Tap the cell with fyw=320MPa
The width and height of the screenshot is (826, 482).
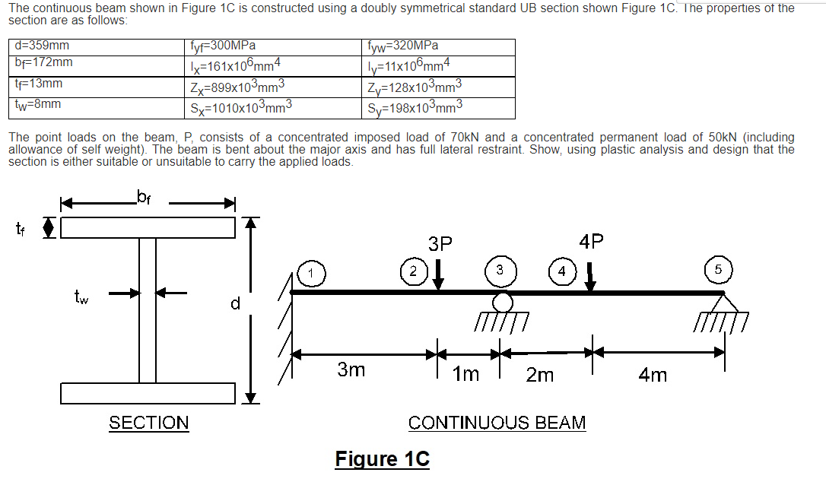pos(403,46)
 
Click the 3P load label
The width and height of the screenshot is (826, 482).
pos(440,244)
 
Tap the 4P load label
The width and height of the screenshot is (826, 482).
pos(592,242)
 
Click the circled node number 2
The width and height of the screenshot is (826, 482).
pos(413,271)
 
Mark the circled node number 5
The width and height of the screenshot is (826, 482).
pos(719,271)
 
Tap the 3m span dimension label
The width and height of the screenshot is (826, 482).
pos(351,370)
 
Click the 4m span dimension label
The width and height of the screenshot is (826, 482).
pos(653,374)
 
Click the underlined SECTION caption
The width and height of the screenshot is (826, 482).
pos(149,423)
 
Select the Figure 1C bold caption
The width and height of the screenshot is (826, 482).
pos(382,459)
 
